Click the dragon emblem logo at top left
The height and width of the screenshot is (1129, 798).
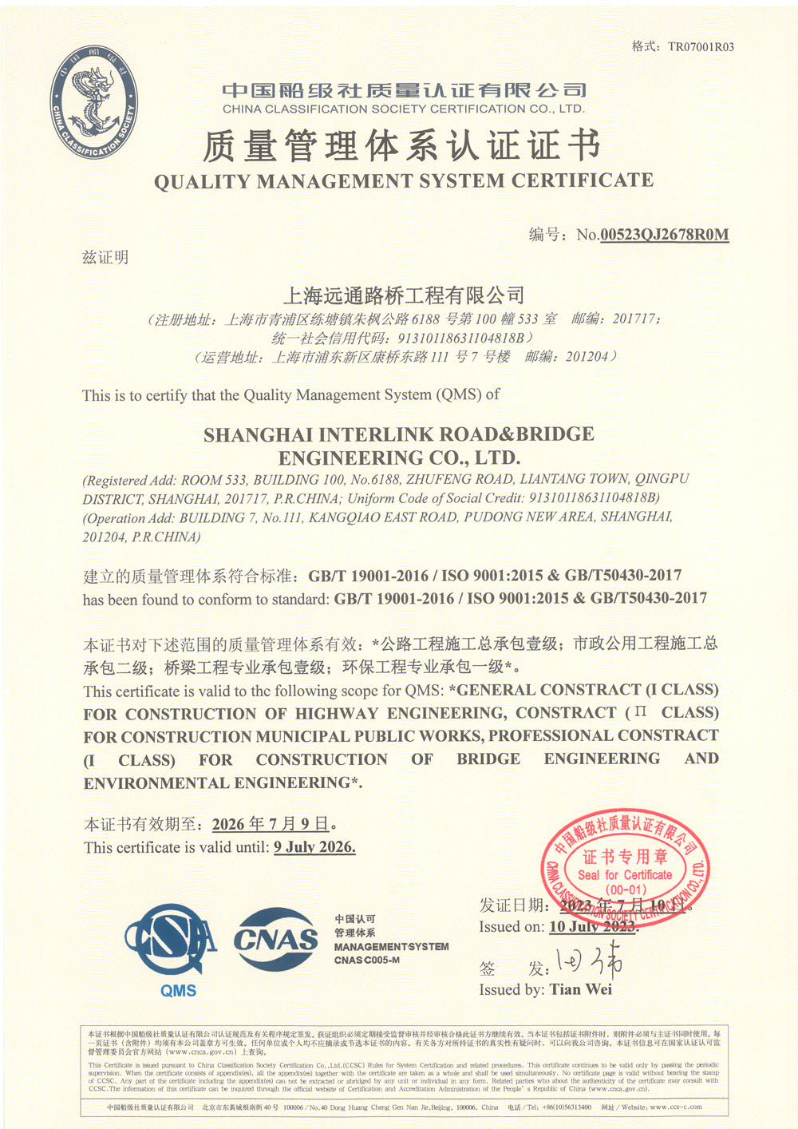point(94,102)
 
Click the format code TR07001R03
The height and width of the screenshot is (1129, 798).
point(701,47)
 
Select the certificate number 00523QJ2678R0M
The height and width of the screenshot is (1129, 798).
point(664,235)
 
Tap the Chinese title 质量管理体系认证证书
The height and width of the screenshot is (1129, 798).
point(401,146)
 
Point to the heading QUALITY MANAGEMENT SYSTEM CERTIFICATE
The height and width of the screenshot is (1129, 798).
point(404,181)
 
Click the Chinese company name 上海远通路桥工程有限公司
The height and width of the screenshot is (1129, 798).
point(404,295)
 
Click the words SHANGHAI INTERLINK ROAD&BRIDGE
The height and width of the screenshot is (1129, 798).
point(399,435)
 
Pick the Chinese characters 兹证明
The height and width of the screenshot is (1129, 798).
point(105,257)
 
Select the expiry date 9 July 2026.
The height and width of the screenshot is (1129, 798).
point(314,847)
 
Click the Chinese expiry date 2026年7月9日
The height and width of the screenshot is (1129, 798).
point(271,824)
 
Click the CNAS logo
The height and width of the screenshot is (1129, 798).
point(275,940)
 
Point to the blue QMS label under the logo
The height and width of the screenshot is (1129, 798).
point(178,991)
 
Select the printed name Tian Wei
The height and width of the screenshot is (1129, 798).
point(580,989)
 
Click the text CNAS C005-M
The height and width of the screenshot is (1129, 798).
point(367,960)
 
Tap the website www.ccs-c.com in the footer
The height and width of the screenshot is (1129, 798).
point(676,1107)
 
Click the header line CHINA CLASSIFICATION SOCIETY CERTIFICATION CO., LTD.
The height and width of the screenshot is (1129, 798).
point(404,109)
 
